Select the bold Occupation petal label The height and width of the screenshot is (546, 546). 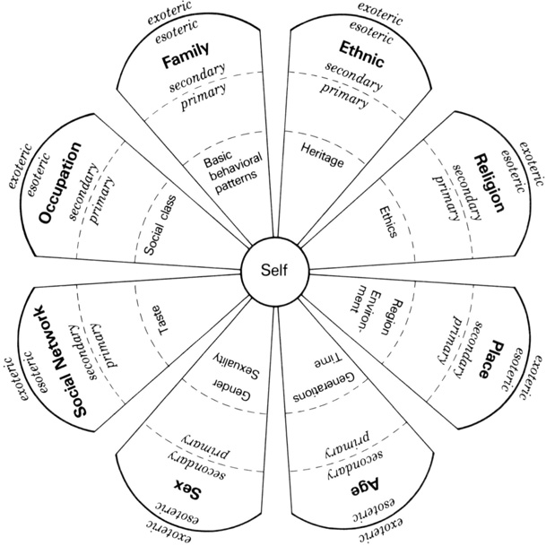pyautogui.click(x=59, y=183)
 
